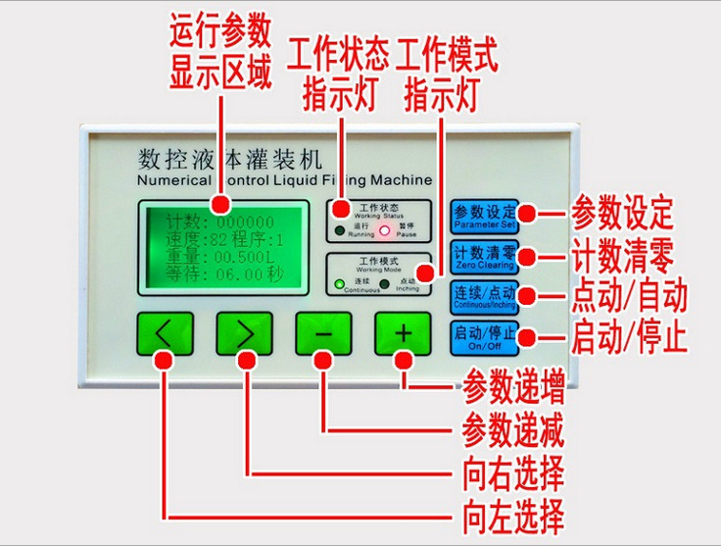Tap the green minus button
[x=323, y=335]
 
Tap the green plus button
[x=403, y=335]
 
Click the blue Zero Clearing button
[x=483, y=256]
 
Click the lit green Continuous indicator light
[x=339, y=285]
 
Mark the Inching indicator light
[x=385, y=285]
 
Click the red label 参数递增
[x=512, y=388]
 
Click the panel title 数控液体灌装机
[x=226, y=158]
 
